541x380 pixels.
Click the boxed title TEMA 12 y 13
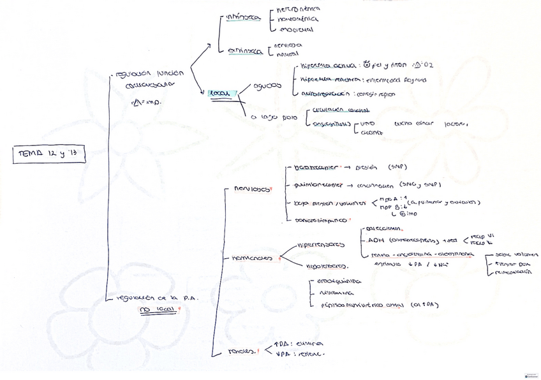click(48, 154)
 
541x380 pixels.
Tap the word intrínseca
click(243, 18)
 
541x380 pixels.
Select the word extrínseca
click(245, 52)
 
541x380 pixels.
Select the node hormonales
click(251, 258)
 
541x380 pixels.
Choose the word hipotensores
click(327, 266)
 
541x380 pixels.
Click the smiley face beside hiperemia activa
click(366, 64)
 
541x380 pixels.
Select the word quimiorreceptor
click(317, 186)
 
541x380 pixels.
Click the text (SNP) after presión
click(397, 168)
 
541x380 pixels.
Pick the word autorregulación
click(323, 94)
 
